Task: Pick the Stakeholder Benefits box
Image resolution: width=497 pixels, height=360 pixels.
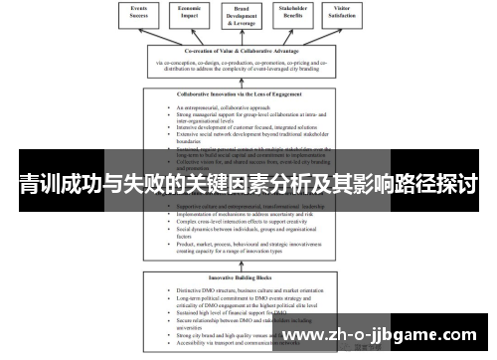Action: tap(303, 15)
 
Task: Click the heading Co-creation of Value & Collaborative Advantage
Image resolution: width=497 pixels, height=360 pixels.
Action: tap(248, 52)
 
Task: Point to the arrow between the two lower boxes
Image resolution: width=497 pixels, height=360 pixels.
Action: tap(248, 265)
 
